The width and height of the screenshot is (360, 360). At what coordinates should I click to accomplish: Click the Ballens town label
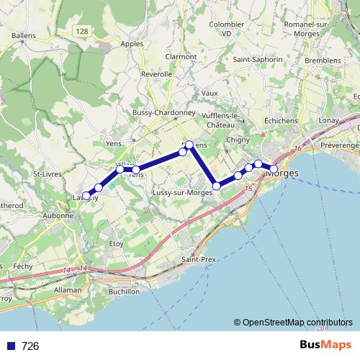[24, 35]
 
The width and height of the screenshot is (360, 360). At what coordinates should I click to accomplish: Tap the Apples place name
[132, 43]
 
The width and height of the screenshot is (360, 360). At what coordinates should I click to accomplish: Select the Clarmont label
[181, 57]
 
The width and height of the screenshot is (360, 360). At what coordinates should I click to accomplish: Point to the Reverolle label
[157, 74]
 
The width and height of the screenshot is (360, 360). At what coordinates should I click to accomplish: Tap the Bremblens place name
[322, 60]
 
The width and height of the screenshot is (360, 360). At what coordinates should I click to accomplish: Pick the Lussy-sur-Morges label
[182, 193]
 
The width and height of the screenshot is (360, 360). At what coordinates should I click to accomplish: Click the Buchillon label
[123, 292]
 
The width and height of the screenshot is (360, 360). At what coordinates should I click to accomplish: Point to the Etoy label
[115, 245]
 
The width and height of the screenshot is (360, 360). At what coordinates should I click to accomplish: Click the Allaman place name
[68, 289]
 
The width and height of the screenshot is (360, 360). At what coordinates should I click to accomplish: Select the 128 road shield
[84, 31]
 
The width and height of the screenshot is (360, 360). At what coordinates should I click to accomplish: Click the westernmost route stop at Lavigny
[86, 195]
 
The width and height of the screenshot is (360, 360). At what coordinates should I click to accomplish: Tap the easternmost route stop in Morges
[274, 169]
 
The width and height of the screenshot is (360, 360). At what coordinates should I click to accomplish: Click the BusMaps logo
[325, 346]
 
